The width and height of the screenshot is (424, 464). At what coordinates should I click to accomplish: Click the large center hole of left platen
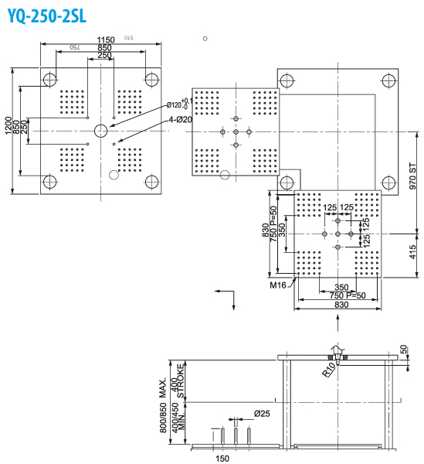click(101, 130)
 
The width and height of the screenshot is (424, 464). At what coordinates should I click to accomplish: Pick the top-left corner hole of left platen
click(51, 79)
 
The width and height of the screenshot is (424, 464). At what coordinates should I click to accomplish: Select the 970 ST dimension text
click(413, 176)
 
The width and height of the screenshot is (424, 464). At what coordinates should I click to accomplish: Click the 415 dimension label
click(413, 251)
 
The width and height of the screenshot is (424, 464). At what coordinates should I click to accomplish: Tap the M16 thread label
click(278, 285)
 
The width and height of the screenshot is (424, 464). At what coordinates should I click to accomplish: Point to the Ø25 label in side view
click(263, 415)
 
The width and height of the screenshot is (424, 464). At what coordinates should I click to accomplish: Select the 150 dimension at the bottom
click(222, 457)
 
